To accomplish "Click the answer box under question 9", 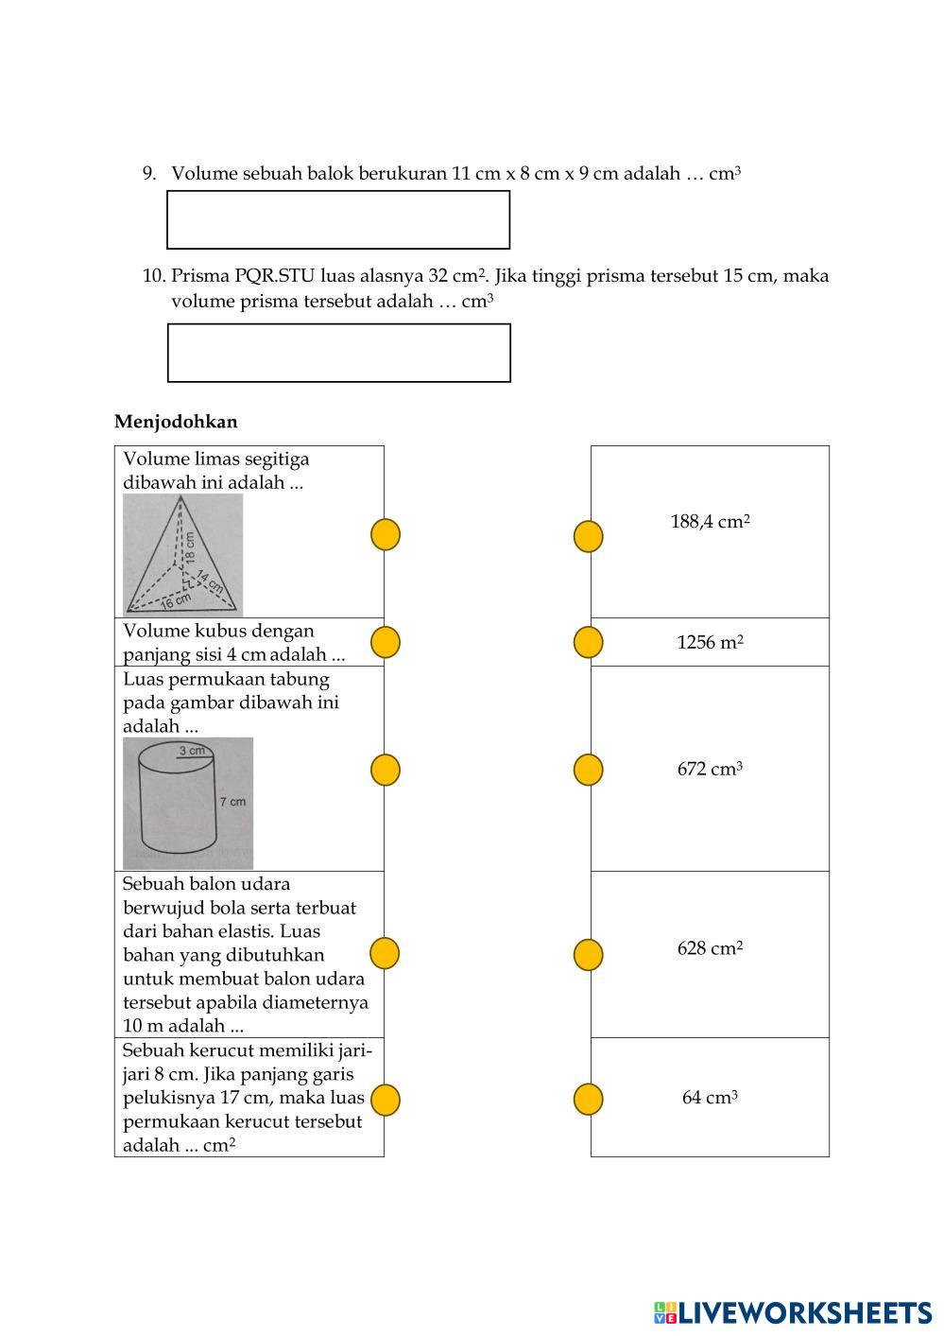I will (338, 220).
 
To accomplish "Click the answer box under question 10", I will (338, 353).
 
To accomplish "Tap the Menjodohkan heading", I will (176, 422).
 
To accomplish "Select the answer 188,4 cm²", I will (710, 522).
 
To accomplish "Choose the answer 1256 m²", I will (710, 643).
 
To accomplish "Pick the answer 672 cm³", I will (710, 770).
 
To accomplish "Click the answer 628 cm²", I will (710, 948).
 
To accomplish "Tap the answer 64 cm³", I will (710, 1098).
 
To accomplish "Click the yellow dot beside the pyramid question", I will (385, 535).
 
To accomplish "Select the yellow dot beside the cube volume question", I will (385, 642).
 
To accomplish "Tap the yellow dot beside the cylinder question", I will (385, 770).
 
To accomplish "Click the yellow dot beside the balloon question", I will (385, 953).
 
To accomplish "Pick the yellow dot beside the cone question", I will (385, 1100).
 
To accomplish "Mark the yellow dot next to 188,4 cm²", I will (588, 536).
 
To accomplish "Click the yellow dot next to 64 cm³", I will (588, 1100).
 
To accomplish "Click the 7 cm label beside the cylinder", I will (232, 802).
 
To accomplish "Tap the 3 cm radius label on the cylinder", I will (192, 751).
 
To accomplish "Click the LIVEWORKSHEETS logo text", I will (804, 1312).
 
